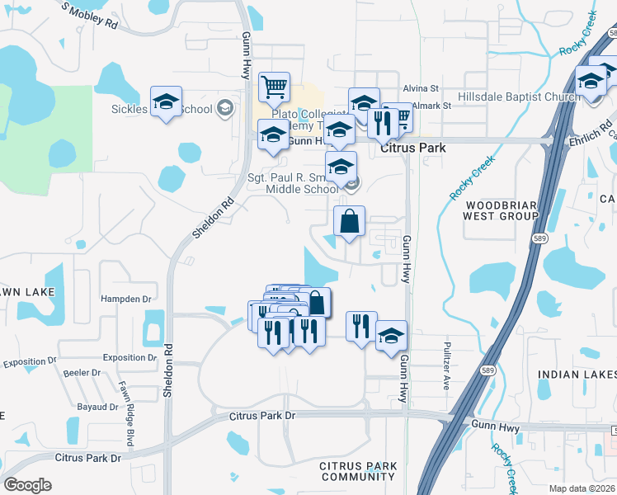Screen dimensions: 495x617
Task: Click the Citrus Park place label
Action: click(x=413, y=148)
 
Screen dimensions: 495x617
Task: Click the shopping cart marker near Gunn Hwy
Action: click(x=274, y=86)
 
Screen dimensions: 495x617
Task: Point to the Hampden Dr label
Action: click(x=127, y=299)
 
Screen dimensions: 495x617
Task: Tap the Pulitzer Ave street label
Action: click(x=446, y=365)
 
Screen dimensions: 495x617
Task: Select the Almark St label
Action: click(x=431, y=106)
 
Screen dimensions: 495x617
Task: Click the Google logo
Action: click(x=27, y=485)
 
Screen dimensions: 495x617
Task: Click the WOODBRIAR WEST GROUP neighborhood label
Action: click(x=502, y=210)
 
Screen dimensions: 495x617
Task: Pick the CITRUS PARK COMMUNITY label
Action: click(x=358, y=472)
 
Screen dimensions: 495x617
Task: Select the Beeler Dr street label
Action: click(x=82, y=373)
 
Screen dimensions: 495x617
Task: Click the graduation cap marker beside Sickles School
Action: click(x=166, y=101)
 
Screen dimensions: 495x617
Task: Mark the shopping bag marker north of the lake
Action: click(x=349, y=221)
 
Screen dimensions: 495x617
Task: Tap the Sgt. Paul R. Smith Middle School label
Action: click(x=293, y=182)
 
